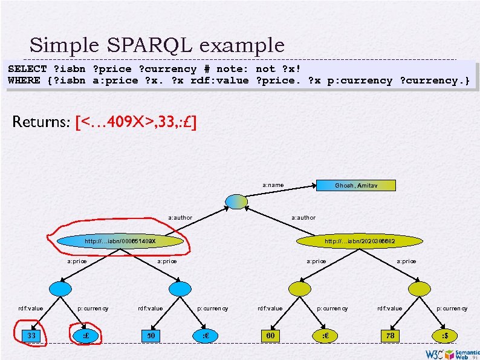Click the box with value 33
coord(31,335)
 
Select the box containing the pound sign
coord(85,335)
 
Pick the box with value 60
coord(270,335)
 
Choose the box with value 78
coord(390,335)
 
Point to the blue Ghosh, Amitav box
coord(356,185)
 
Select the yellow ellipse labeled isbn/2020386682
coord(360,241)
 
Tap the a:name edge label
coord(273,185)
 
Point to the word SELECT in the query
coord(27,69)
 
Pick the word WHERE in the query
coord(24,80)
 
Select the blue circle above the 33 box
coord(60,289)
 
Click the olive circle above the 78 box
coord(420,289)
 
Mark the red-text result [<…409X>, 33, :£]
coord(135,123)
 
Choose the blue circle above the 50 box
coord(180,289)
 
